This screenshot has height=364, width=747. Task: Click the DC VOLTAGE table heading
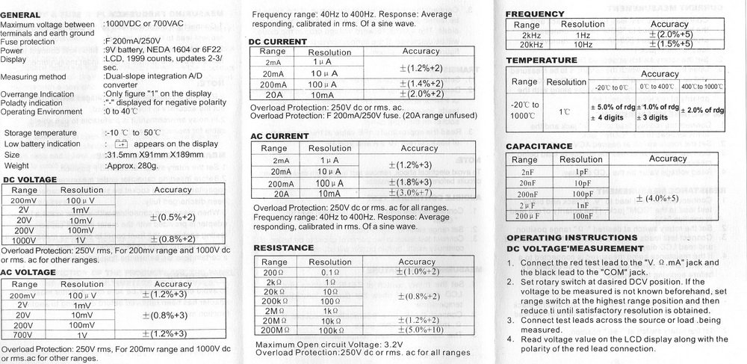[x=36, y=179]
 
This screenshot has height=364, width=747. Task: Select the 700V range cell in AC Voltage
[x=23, y=336]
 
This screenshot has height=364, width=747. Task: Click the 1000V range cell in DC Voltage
[x=23, y=240]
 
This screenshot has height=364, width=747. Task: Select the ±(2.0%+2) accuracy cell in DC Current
[x=421, y=93]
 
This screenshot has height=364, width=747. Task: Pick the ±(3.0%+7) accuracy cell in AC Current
[x=421, y=194]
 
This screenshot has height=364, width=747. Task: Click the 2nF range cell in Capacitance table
[x=524, y=171]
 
